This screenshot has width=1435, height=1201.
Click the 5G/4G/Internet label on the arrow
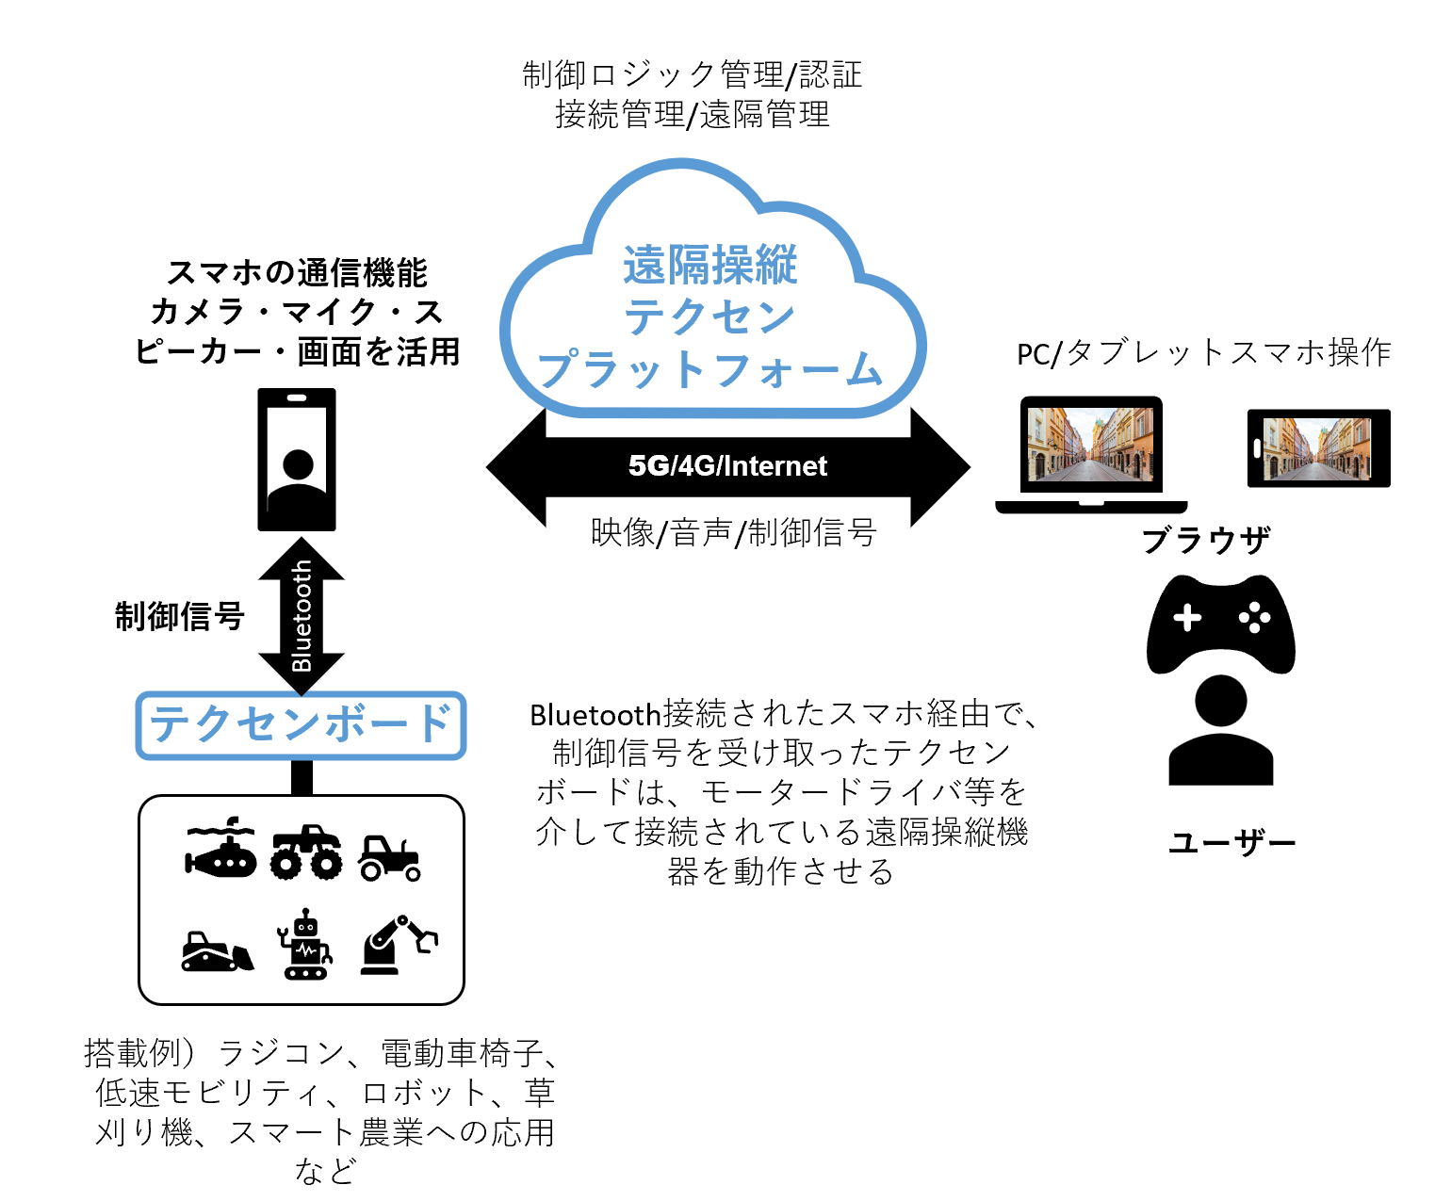[727, 466]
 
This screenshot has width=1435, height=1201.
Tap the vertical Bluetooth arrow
[302, 616]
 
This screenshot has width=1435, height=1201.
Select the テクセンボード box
[302, 724]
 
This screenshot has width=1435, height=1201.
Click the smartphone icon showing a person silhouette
[297, 460]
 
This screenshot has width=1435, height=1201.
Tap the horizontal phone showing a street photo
[1318, 448]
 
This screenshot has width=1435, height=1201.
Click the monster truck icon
[307, 853]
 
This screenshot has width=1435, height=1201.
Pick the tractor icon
[388, 857]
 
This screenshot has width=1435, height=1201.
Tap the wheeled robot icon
[305, 945]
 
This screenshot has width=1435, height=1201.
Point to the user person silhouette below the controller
[1220, 731]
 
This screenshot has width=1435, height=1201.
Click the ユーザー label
[1232, 842]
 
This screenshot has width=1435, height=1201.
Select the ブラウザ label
[1206, 540]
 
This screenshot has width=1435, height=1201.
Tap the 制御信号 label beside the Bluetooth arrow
[180, 616]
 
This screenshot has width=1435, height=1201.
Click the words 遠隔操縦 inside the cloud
[710, 265]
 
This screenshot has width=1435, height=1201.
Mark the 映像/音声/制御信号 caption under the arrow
[734, 533]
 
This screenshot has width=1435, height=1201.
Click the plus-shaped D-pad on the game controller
[1187, 618]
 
